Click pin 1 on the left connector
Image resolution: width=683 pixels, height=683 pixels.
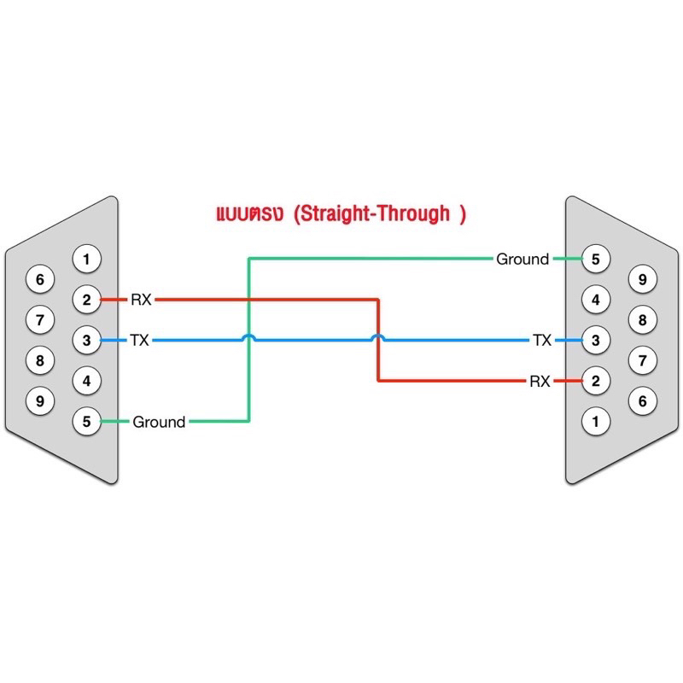coord(86,257)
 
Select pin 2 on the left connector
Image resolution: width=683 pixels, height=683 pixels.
coord(86,300)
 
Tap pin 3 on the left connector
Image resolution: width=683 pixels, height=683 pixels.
coord(86,341)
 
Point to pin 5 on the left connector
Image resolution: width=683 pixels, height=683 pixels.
coord(86,421)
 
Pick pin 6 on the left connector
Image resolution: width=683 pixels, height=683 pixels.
coord(39,279)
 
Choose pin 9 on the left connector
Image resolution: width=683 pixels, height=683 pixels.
coord(39,400)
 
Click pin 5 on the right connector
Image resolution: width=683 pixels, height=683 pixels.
coord(596,258)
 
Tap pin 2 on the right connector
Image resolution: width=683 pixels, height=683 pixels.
coord(596,381)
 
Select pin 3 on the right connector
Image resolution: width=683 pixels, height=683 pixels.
coord(596,341)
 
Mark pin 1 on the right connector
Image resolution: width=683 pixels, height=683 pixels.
coord(596,421)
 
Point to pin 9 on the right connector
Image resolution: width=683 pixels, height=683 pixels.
coord(643,279)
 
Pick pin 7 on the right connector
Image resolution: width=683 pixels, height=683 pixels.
coord(643,359)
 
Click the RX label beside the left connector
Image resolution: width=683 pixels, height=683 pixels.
coord(141,300)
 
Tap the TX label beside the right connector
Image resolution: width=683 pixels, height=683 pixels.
coord(542,341)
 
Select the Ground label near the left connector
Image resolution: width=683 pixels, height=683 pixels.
coord(159,422)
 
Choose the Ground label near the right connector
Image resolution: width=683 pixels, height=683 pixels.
coord(522,259)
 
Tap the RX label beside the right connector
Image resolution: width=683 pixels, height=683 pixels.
coord(540,382)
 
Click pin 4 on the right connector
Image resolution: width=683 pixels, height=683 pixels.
coord(596,300)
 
